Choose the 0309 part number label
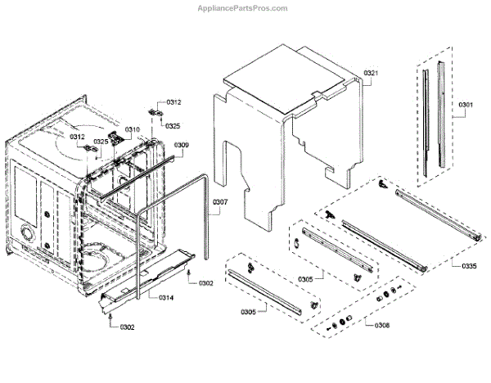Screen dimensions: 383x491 pos(182,145)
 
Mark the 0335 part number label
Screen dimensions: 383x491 pos(469,266)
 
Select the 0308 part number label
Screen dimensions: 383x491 pos(381,325)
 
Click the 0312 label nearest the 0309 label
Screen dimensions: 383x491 pos(173,102)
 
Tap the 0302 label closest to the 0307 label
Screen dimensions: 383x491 pos(205,283)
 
